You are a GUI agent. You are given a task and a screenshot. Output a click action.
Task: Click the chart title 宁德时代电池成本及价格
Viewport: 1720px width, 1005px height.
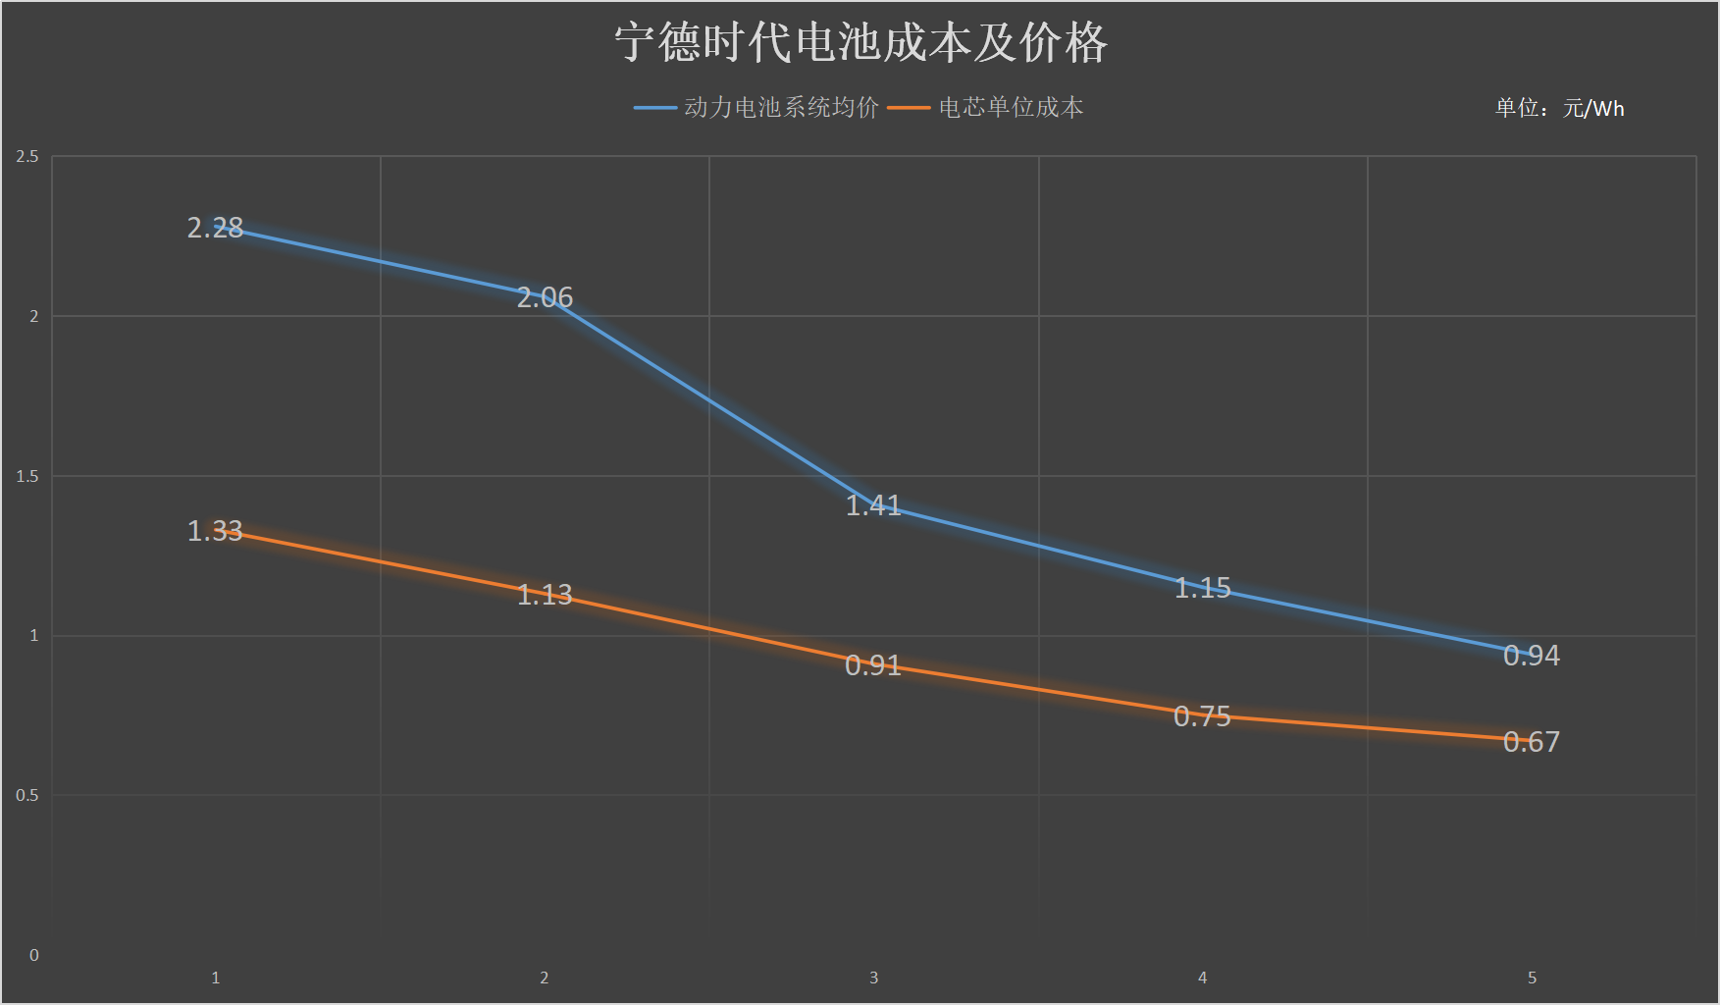[860, 43]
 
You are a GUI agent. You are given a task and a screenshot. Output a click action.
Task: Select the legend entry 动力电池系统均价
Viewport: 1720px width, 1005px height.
[780, 107]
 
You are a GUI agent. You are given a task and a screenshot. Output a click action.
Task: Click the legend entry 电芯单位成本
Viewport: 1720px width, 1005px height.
[1011, 107]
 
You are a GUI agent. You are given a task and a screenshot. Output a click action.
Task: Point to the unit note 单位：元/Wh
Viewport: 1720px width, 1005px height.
[1559, 108]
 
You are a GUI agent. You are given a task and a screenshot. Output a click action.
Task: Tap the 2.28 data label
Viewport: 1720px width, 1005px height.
[215, 228]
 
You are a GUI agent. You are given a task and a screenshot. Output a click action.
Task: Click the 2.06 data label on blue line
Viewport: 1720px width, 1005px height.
[545, 297]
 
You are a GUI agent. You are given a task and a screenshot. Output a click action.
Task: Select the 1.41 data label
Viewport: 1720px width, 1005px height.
[873, 505]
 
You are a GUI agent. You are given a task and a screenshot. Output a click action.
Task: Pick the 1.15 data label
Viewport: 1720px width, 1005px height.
[1202, 588]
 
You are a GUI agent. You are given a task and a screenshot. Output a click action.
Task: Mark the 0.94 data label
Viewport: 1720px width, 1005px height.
[1531, 656]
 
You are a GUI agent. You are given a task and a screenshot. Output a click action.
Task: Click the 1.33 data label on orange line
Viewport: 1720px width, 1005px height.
[215, 531]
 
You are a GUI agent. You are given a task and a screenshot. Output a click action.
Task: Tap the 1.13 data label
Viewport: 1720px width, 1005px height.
[545, 595]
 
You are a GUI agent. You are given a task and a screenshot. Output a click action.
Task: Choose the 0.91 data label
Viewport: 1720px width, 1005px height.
[873, 665]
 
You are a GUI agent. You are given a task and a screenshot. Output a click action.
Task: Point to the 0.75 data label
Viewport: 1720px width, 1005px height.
[1202, 716]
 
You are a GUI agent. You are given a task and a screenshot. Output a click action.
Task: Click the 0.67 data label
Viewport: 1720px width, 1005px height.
[1531, 742]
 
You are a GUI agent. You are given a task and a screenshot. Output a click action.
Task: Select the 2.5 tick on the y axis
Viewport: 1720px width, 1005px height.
[27, 157]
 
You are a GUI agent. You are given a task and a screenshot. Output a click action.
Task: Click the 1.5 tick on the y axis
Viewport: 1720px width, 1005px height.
[27, 477]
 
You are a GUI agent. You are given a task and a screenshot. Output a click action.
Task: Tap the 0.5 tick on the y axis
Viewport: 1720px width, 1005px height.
[27, 796]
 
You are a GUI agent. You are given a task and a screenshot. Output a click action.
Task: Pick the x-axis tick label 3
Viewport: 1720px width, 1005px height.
[873, 978]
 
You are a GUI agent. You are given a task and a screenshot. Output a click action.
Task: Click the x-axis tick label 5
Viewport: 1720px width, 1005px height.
[1532, 978]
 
